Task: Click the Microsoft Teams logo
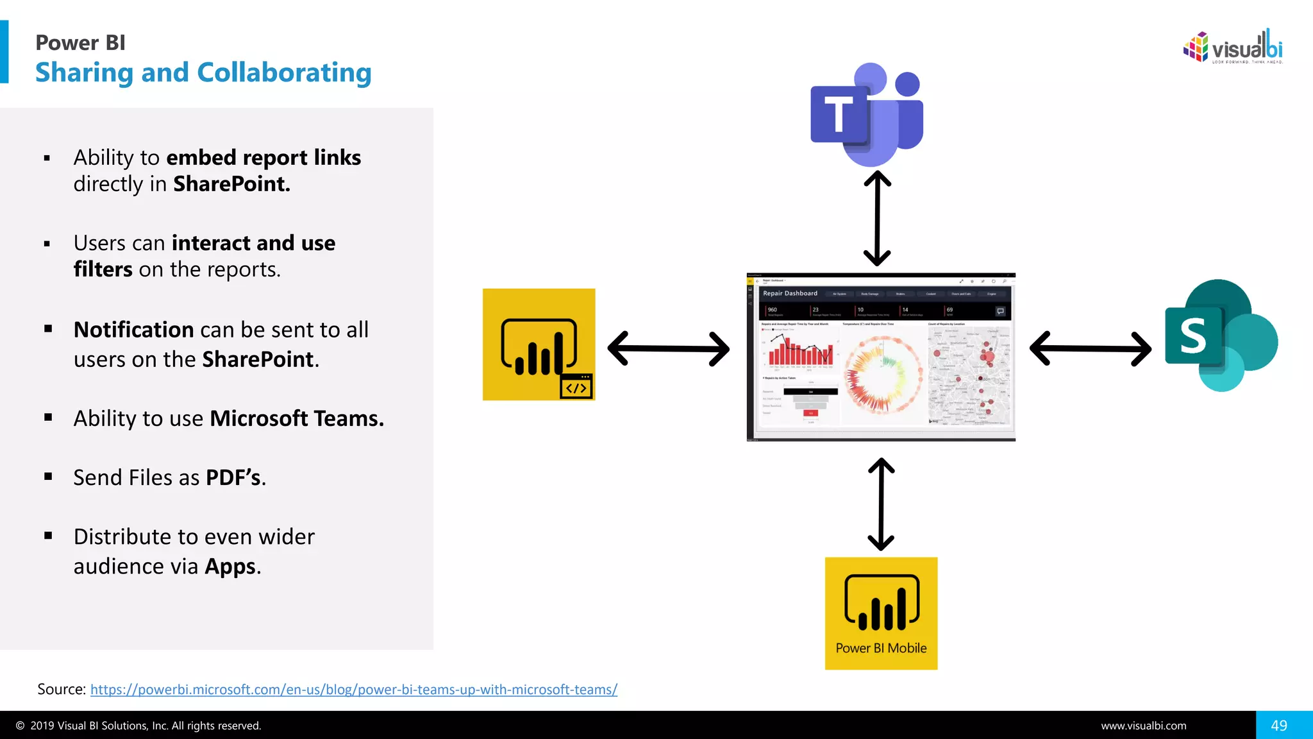[x=867, y=114]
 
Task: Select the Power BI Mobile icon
[x=881, y=613]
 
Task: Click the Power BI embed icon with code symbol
[x=539, y=344]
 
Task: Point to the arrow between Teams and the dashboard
[x=877, y=218]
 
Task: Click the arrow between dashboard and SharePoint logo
[x=1090, y=348]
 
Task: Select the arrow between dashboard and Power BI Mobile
[x=881, y=504]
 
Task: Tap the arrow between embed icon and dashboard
[x=668, y=348]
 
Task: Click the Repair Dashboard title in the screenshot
[x=790, y=293]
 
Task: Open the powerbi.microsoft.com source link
[x=353, y=690]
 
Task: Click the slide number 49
[x=1279, y=726]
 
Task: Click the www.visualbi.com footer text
[x=1143, y=726]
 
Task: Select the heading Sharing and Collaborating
[x=203, y=72]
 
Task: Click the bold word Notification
[x=133, y=330]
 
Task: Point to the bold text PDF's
[x=233, y=478]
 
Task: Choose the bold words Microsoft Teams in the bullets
[x=296, y=419]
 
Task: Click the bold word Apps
[x=230, y=566]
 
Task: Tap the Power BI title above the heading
[x=80, y=42]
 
